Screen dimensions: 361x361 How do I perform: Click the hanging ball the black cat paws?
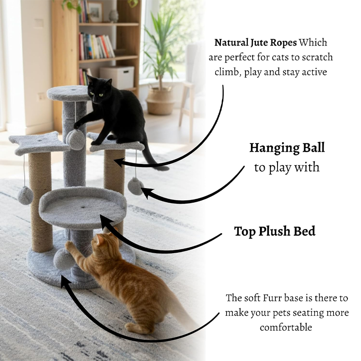click(x=75, y=139)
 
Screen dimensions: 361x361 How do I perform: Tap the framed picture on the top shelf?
click(x=95, y=12)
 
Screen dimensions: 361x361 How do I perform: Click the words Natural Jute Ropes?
click(x=255, y=43)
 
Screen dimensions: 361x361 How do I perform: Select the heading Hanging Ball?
click(x=287, y=148)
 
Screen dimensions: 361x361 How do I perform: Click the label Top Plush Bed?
click(x=274, y=231)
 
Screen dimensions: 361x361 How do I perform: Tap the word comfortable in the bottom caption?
click(x=286, y=327)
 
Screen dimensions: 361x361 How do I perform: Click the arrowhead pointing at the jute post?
click(x=119, y=162)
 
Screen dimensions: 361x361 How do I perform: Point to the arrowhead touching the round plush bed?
click(x=105, y=220)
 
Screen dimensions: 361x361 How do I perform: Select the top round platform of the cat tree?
click(x=68, y=93)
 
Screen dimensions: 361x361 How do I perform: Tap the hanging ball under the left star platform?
click(x=25, y=195)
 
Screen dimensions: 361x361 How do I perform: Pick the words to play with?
click(x=287, y=167)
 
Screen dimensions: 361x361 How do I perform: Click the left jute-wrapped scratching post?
click(x=40, y=203)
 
